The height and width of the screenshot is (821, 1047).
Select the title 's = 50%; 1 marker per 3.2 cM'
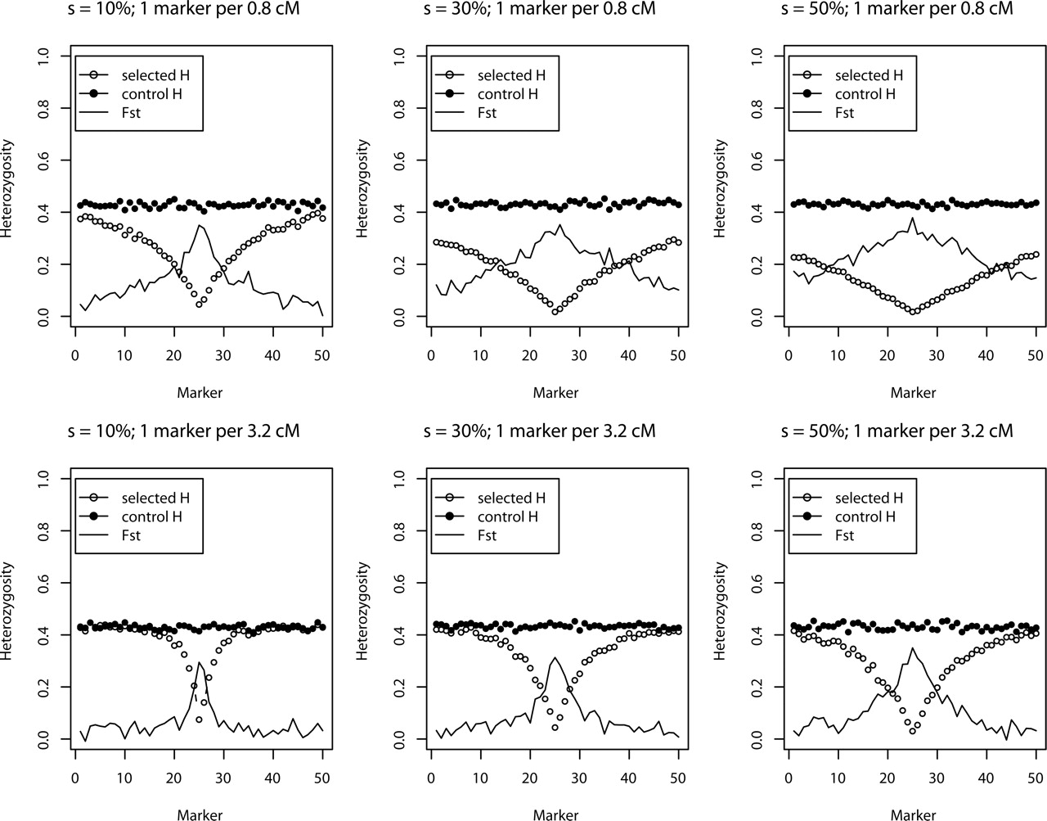click(x=896, y=431)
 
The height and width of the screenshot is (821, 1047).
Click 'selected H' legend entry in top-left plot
click(x=160, y=75)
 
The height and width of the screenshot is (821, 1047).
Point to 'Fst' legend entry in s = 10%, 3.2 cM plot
click(x=132, y=535)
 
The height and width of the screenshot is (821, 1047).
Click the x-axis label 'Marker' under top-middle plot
click(x=555, y=393)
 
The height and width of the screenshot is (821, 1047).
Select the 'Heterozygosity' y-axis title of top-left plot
click(x=7, y=188)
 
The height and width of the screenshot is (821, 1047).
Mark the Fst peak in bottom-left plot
click(x=199, y=662)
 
